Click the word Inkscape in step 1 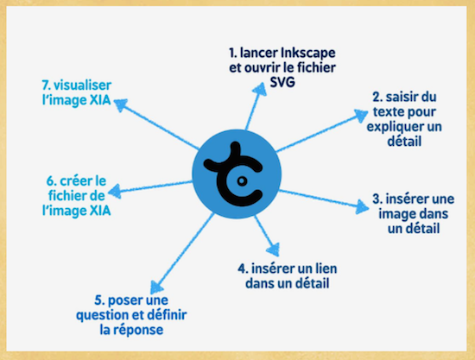point(308,54)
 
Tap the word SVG point(282,82)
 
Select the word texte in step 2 point(388,111)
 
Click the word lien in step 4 point(326,268)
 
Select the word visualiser point(82,85)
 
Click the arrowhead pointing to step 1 point(259,89)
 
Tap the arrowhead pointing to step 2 point(361,116)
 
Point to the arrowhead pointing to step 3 point(363,207)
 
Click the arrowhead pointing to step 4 point(273,249)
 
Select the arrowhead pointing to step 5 point(156,287)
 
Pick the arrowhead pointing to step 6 point(115,191)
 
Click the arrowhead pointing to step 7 point(120,105)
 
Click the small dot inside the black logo point(242,180)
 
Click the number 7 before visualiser point(46,85)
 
